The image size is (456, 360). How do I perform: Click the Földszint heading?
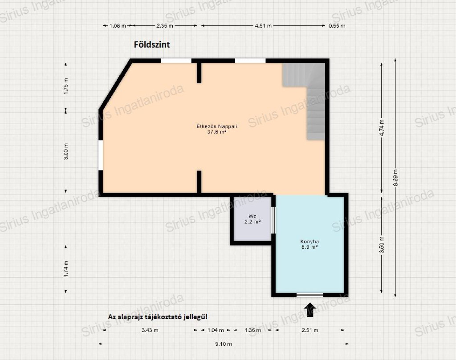[x=152, y=44]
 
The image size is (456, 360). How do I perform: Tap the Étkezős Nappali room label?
[x=217, y=126]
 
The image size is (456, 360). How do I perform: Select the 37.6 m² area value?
[x=217, y=132]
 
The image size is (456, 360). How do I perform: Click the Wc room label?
[x=252, y=216]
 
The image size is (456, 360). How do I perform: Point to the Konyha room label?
[x=309, y=242]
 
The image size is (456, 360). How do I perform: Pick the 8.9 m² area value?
[x=309, y=247]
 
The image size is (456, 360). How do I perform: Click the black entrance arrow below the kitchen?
[x=310, y=310]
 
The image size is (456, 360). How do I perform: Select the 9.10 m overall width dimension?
[x=224, y=344]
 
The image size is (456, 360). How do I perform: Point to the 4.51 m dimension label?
[x=263, y=25]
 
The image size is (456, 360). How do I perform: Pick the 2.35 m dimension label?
[x=165, y=25]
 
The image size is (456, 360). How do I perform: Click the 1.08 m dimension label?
[x=118, y=25]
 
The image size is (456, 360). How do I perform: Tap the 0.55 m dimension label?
[x=337, y=25]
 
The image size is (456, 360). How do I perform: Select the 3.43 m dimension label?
[x=150, y=330]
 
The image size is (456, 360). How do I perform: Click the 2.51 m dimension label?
[x=310, y=330]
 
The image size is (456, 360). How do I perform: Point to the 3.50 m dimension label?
[x=382, y=245]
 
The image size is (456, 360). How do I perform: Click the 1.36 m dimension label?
[x=253, y=330]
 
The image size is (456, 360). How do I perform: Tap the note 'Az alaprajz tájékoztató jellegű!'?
[x=158, y=317]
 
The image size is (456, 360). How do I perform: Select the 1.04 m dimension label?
[x=216, y=330]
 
